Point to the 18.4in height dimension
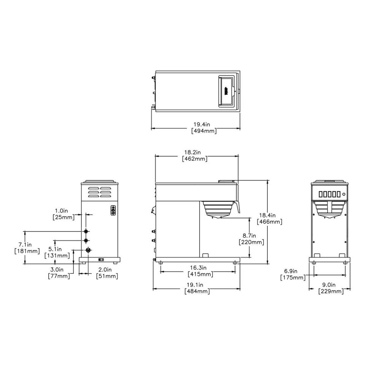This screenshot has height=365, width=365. click(x=270, y=215)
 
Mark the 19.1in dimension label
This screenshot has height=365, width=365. click(x=196, y=285)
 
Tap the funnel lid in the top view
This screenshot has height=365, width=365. click(x=227, y=90)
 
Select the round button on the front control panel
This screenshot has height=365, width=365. click(x=344, y=194)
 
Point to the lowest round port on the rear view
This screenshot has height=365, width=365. click(x=88, y=250)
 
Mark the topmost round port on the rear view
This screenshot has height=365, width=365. click(x=86, y=231)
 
